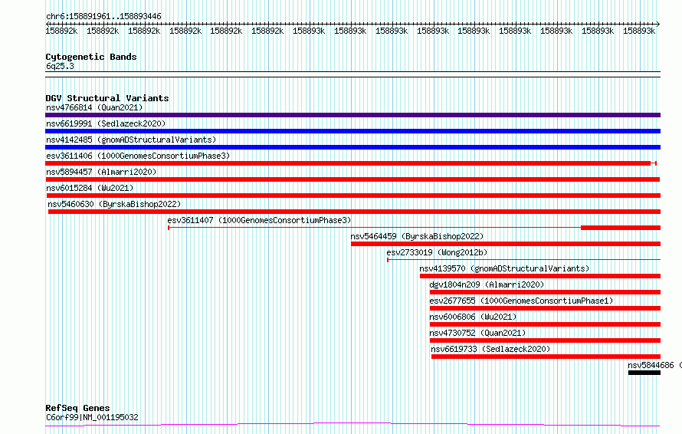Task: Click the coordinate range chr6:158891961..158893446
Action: coord(103,16)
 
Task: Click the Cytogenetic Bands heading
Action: coord(91,57)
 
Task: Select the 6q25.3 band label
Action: coord(60,66)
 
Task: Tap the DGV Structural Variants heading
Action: coord(107,98)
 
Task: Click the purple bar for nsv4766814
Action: coord(352,115)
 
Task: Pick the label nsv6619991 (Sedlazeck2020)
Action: coord(106,123)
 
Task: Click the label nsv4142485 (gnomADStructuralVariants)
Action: coord(131,140)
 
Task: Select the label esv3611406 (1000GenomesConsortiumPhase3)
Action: coord(138,156)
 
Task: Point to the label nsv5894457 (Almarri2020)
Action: coord(101,172)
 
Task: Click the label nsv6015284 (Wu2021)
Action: coord(90,188)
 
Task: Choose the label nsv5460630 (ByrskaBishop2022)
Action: coord(114,204)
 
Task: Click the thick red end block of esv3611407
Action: coord(621,228)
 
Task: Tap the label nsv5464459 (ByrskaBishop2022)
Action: coord(417,236)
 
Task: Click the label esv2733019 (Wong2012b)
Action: coord(437,252)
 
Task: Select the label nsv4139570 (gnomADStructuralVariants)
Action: coord(504,268)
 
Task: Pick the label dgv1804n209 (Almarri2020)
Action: coord(487,284)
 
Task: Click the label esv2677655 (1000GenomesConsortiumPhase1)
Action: coord(521,301)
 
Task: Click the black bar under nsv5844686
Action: coord(644,373)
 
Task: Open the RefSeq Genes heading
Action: coord(77,408)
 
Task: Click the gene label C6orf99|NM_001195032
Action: coord(92,417)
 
